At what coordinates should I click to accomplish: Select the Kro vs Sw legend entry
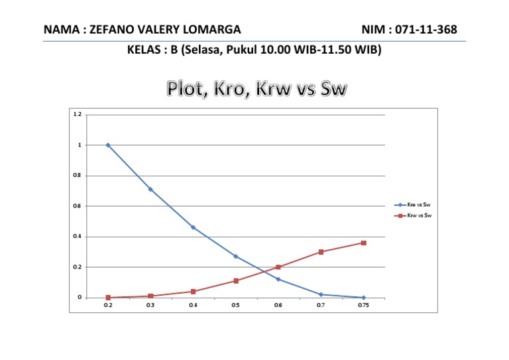coord(420,205)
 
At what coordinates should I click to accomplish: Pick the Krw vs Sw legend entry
coord(420,215)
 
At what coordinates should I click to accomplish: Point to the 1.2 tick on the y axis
coord(78,115)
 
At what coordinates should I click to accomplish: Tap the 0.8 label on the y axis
coord(78,176)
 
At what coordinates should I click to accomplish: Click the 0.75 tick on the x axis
coord(363,306)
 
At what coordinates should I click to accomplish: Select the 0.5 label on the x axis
coord(235,306)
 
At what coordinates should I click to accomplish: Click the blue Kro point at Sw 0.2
coord(108,145)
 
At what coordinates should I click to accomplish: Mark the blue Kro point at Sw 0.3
coord(150,190)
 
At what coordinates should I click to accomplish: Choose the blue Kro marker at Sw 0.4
coord(193,227)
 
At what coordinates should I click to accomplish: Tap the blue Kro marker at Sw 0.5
coord(235,257)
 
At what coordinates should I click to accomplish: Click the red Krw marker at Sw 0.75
coord(363,243)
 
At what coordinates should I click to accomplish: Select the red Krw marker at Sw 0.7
coord(321,252)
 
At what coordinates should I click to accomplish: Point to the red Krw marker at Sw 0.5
coord(235,281)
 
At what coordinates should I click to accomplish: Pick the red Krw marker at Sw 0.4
coord(193,292)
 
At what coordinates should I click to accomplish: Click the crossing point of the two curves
coord(266,270)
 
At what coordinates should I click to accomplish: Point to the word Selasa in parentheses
coord(206,50)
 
